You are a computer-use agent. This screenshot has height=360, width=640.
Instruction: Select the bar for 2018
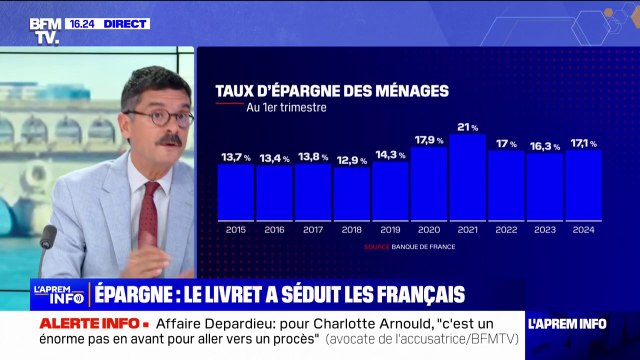pyautogui.click(x=352, y=194)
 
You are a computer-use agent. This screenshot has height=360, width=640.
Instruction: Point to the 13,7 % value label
pyautogui.click(x=237, y=158)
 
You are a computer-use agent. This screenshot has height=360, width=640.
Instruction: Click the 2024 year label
pyautogui.click(x=583, y=229)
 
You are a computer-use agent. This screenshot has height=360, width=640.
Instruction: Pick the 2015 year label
pyautogui.click(x=236, y=229)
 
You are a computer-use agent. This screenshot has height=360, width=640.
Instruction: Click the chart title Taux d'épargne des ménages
pyautogui.click(x=331, y=91)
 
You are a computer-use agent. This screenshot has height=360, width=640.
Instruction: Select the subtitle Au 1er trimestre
pyautogui.click(x=286, y=108)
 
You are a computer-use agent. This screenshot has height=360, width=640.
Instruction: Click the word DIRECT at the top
pyautogui.click(x=126, y=23)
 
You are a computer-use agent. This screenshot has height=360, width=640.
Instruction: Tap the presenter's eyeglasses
pyautogui.click(x=159, y=117)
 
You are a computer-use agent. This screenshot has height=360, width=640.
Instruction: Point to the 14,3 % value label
pyautogui.click(x=391, y=155)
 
